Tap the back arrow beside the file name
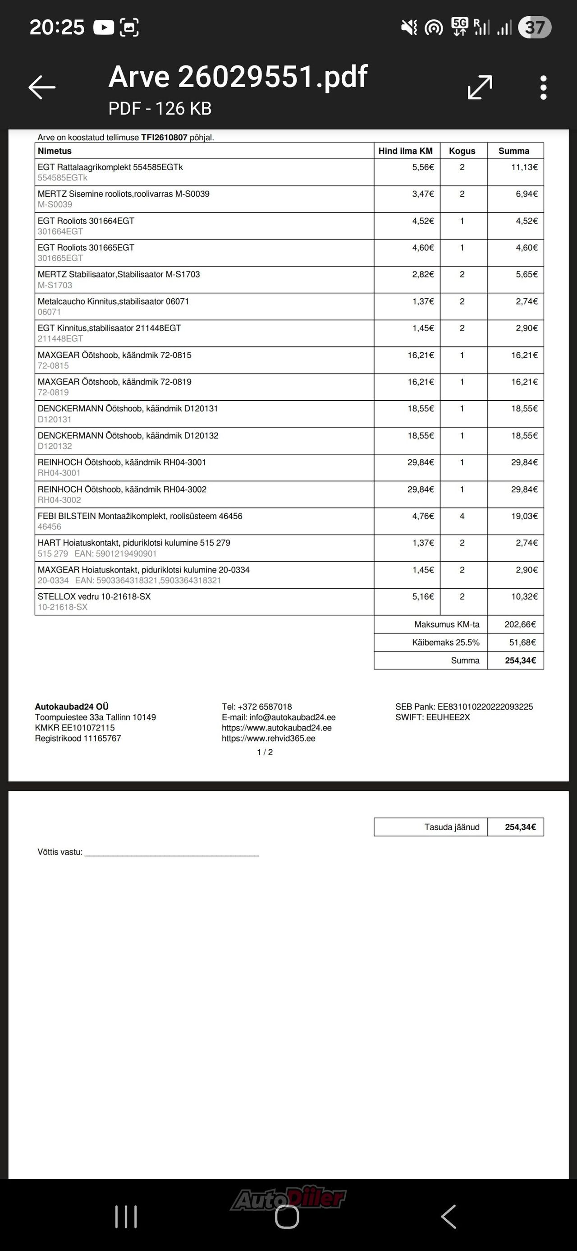pos(42,88)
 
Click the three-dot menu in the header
pos(544,88)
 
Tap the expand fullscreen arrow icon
pos(480,88)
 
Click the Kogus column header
pos(462,151)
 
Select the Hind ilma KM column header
pos(406,151)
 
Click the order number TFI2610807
pos(164,138)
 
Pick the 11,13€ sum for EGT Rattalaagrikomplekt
pos(524,167)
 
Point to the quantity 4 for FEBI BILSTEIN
pos(462,516)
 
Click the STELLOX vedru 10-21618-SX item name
pos(94,596)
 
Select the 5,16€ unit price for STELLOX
pos(423,596)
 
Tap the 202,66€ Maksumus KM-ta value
pos(520,624)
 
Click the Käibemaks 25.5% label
pos(445,642)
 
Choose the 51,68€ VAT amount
pos(522,642)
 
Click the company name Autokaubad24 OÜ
pos(72,706)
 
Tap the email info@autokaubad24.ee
pos(292,717)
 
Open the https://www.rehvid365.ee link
pos(268,739)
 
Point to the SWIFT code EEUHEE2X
pos(449,717)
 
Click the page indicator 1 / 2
pos(265,752)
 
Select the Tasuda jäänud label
pos(452,827)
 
